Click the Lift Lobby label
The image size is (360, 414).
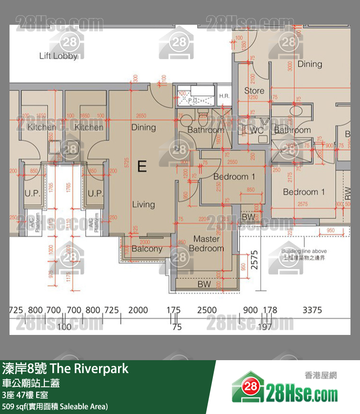(x=58, y=56)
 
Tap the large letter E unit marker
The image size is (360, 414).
(x=141, y=166)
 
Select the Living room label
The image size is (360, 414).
(x=143, y=204)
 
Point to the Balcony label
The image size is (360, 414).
(x=147, y=249)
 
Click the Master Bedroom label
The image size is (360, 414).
(x=206, y=243)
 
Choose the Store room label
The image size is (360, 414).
(x=254, y=91)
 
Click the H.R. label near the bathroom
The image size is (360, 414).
(x=224, y=96)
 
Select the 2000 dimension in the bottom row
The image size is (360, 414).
(x=138, y=310)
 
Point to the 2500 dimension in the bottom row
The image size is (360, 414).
(x=207, y=310)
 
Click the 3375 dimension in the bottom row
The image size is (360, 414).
(x=312, y=310)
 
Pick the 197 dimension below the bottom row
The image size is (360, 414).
(x=264, y=327)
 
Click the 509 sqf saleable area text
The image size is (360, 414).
(x=55, y=406)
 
